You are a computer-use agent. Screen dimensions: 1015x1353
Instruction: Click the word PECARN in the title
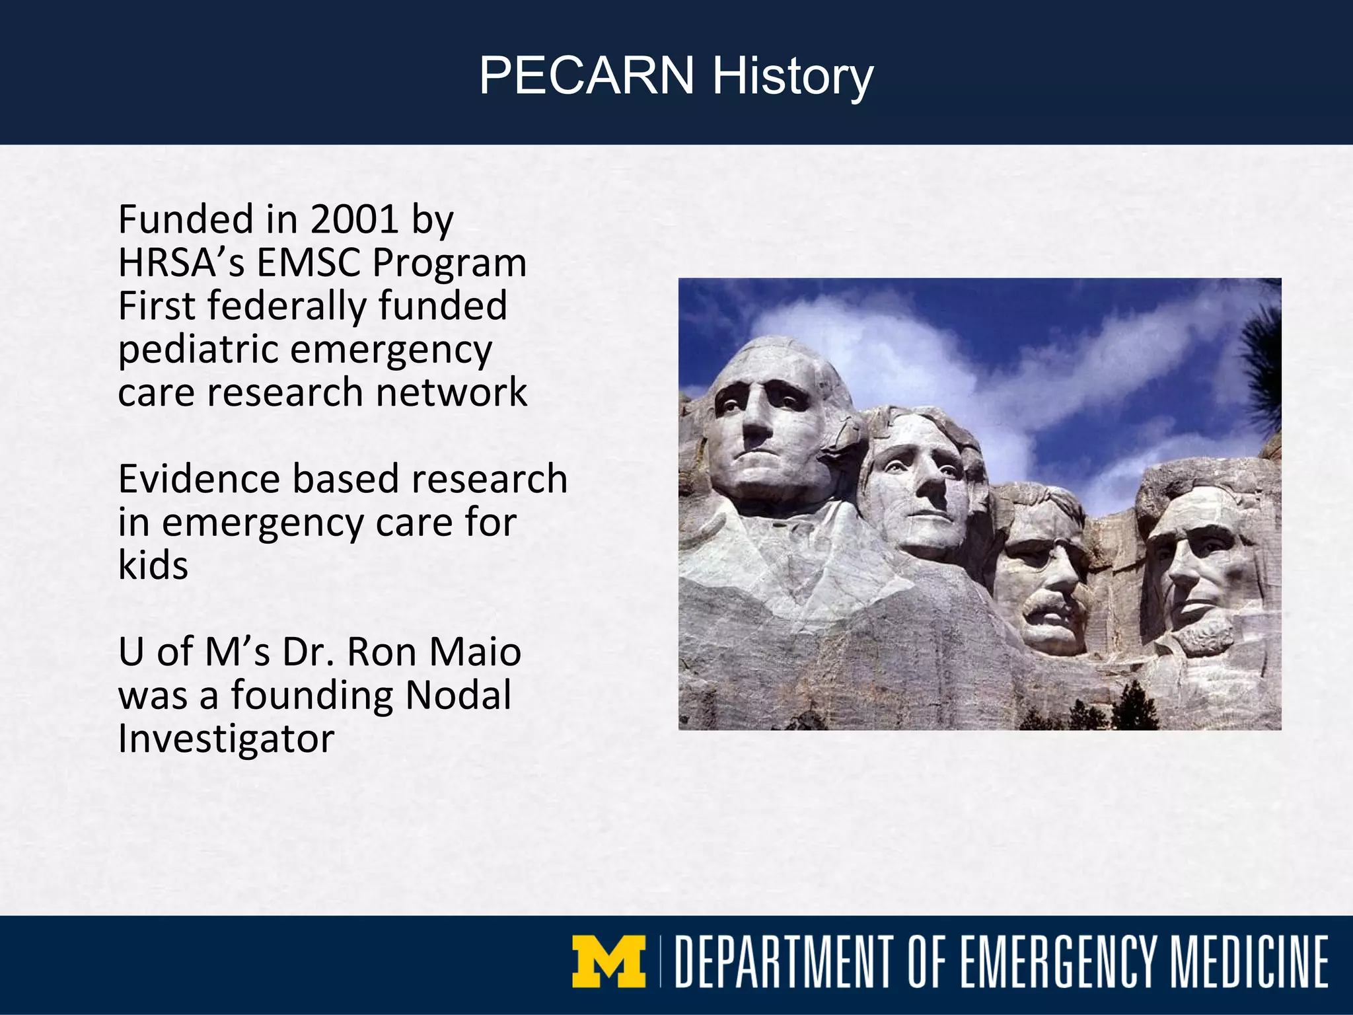coord(586,76)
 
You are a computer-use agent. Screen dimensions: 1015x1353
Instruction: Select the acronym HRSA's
coord(182,262)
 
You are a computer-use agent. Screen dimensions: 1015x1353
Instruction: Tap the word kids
coord(153,566)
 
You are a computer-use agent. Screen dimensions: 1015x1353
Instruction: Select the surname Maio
coord(475,652)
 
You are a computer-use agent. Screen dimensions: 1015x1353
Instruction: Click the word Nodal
coord(458,695)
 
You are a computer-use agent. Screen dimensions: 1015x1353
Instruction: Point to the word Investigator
coord(226,739)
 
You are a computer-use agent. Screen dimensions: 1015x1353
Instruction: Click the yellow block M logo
coord(608,961)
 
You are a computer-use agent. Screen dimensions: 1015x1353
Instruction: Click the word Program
coord(449,262)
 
